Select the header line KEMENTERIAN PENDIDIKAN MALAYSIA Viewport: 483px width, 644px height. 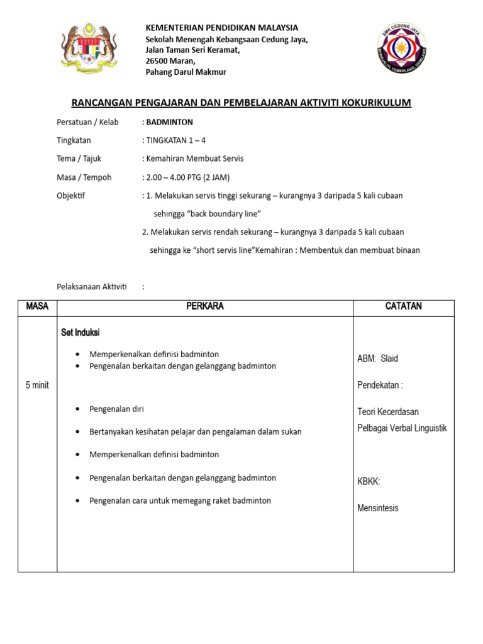(222, 28)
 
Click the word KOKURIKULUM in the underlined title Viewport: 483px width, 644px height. (371, 103)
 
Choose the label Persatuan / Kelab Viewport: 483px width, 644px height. (87, 122)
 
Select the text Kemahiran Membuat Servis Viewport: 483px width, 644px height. (195, 158)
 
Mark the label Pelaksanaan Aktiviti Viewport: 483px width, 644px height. (92, 287)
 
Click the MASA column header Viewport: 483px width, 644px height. (37, 306)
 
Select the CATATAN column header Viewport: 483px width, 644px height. (403, 306)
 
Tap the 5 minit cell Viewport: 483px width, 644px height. (37, 385)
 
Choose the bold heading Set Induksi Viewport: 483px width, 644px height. (80, 332)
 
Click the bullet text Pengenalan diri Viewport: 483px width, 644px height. (117, 409)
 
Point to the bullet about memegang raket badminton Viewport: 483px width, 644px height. (180, 501)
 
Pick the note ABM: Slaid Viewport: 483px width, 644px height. (377, 358)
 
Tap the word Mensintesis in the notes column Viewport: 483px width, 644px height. (377, 508)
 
